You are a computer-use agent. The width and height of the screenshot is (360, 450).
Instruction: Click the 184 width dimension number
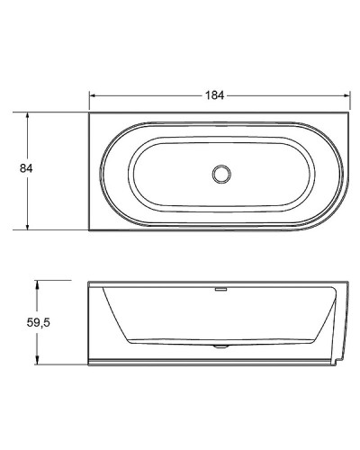pos(213,94)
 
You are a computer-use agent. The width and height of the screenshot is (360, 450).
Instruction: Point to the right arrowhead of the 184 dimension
pos(346,94)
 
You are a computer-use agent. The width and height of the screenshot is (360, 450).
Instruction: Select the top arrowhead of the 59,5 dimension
pos(37,283)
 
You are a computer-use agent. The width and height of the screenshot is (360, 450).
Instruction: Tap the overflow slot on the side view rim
pos(219,290)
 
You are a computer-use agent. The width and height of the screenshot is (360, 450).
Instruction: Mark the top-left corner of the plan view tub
pos(89,112)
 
